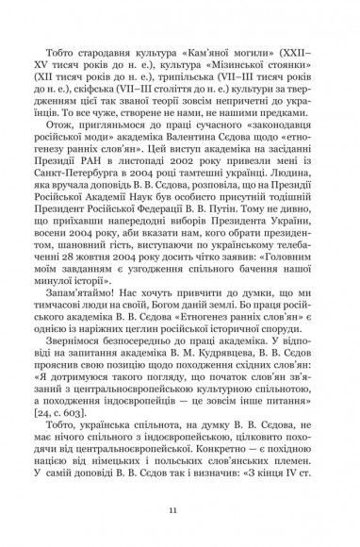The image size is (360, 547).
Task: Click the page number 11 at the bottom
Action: coord(180,510)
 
